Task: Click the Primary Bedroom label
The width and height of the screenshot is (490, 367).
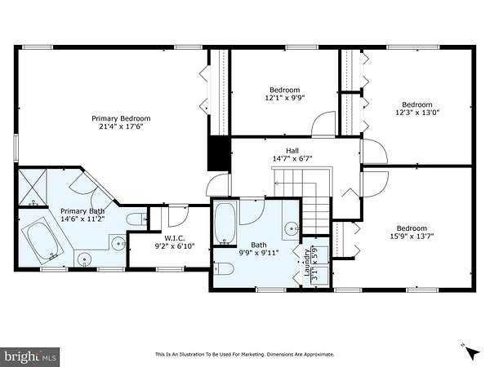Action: (x=121, y=118)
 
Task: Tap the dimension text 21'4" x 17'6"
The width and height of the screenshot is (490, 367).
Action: (x=121, y=126)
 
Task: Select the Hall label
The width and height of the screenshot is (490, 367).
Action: (x=292, y=151)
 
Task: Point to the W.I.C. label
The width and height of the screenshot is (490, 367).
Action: (x=175, y=238)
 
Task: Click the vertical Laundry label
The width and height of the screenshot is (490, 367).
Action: (x=307, y=262)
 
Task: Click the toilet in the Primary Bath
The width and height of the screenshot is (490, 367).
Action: (x=136, y=219)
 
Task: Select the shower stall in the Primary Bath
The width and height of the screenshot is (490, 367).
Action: (x=33, y=188)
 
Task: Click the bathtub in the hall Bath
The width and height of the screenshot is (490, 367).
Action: (x=225, y=223)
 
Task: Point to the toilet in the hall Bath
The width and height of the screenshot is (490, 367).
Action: (x=224, y=268)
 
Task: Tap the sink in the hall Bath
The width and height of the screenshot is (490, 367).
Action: (x=292, y=228)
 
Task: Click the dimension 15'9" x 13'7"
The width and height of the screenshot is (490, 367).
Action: (x=412, y=237)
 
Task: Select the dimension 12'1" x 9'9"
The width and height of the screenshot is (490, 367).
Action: (x=285, y=98)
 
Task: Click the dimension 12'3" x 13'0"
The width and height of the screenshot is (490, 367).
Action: (x=417, y=113)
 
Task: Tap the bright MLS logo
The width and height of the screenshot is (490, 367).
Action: (x=29, y=356)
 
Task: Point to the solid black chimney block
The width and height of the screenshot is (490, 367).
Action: (x=219, y=153)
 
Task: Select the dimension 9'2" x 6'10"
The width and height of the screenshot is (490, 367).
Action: (x=175, y=246)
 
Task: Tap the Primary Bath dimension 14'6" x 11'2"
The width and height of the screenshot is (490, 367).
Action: (x=82, y=219)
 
